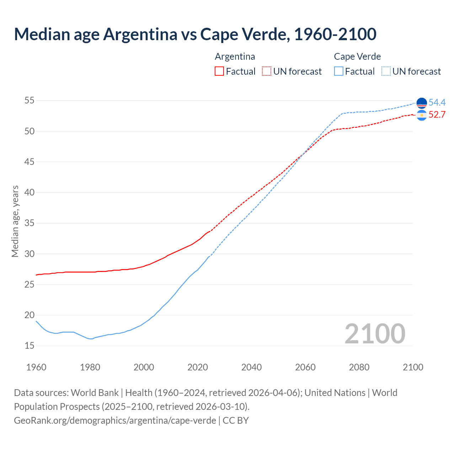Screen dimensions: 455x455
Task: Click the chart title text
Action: click(195, 34)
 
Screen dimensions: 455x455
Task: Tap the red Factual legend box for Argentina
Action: click(219, 71)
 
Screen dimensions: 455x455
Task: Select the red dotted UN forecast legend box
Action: click(267, 71)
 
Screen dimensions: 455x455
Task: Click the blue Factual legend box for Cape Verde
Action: click(339, 71)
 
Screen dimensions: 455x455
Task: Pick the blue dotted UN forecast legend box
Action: click(386, 71)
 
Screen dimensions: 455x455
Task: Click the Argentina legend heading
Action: click(235, 57)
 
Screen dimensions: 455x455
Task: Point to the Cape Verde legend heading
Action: click(357, 57)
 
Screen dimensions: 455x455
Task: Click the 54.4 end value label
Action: click(437, 103)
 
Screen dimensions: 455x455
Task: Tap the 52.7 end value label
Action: click(437, 115)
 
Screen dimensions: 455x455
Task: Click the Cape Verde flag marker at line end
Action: click(422, 103)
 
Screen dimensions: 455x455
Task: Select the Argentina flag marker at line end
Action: click(422, 115)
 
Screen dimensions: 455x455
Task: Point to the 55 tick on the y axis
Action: click(29, 101)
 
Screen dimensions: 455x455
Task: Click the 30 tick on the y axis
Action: click(29, 254)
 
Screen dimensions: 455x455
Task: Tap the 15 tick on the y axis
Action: click(29, 346)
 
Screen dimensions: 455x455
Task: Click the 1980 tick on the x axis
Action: click(90, 367)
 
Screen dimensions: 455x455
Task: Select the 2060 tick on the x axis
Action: click(305, 367)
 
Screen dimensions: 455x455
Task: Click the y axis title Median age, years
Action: click(15, 221)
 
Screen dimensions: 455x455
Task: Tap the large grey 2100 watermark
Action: click(375, 333)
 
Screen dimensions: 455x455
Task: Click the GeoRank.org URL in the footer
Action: click(115, 420)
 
